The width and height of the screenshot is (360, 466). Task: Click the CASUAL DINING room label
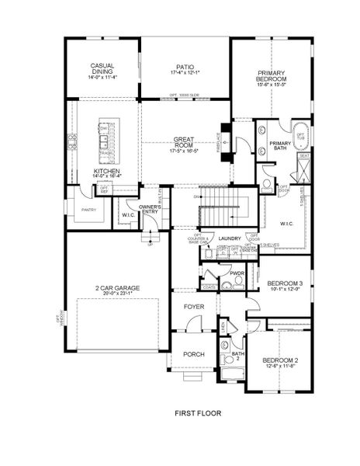pos(102,68)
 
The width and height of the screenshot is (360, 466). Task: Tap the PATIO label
pos(185,67)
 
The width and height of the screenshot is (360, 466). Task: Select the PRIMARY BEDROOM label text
pos(272,75)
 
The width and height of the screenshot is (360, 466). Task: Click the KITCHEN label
pos(106,171)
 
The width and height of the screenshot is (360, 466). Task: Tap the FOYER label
pos(193,307)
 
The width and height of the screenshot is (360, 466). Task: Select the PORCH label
pos(193,354)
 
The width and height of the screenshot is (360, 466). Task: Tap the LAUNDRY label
pos(230,238)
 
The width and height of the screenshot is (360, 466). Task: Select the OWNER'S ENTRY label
pos(151,208)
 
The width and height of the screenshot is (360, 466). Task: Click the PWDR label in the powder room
pos(237,273)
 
